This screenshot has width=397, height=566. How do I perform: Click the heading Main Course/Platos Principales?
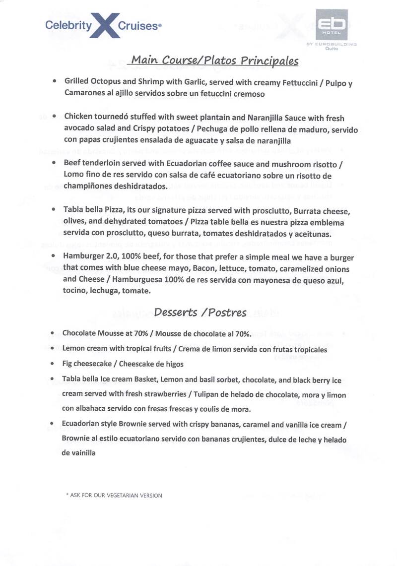click(214, 61)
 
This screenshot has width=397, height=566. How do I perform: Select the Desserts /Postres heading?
click(200, 312)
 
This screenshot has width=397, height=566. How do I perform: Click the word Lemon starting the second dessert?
click(73, 349)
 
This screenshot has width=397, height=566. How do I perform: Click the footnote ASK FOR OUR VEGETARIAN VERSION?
click(114, 495)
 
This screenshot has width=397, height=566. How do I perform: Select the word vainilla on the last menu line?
click(78, 453)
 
